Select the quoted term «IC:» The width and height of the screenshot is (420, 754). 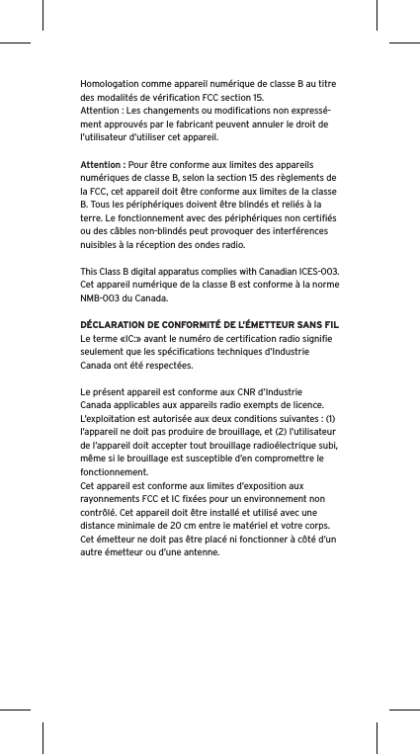tap(131, 337)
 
